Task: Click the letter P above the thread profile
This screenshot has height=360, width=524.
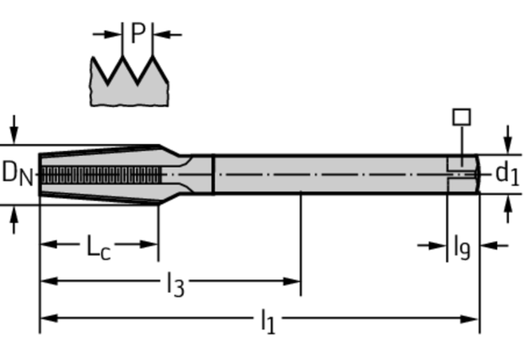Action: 138,34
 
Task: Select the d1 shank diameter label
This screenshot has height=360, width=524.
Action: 507,173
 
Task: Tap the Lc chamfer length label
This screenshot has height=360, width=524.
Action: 98,248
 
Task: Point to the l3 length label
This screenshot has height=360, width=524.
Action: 175,285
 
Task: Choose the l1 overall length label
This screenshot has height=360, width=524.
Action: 267,322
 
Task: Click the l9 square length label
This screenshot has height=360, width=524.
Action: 462,248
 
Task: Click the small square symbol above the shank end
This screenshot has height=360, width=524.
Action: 462,117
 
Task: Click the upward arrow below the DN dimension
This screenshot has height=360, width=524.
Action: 13,220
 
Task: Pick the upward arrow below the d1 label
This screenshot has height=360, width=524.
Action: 507,206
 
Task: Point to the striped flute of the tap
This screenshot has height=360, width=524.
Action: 102,175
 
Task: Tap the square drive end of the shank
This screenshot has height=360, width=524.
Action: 463,173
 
